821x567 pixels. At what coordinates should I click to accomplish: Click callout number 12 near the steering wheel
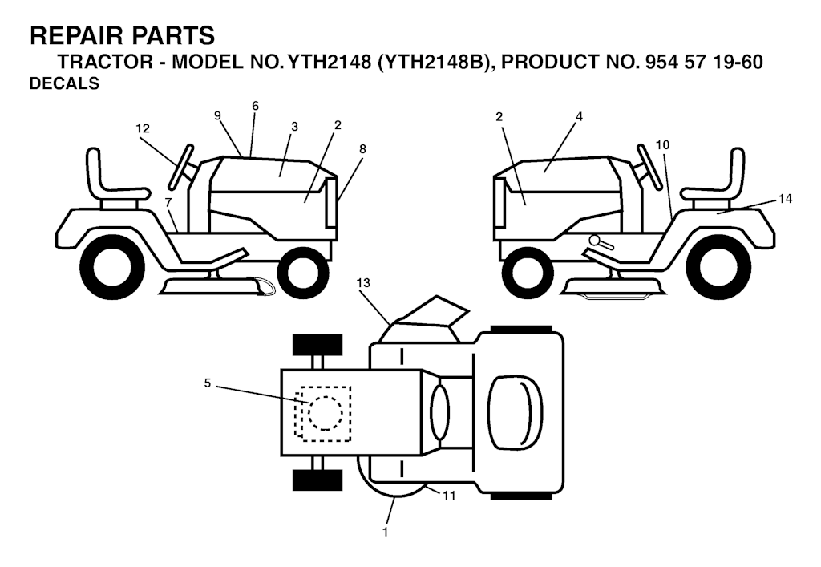point(143,128)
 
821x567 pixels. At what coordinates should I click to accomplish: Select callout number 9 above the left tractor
point(218,115)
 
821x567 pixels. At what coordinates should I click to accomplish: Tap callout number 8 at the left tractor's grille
point(363,148)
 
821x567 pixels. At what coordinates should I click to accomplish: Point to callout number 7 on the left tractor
point(168,201)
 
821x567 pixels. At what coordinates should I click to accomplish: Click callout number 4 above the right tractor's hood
point(579,117)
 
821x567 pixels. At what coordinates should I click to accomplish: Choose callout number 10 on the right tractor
point(663,144)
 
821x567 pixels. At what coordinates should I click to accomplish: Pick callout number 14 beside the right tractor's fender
point(786,199)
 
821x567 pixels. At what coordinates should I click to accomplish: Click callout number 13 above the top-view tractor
point(363,283)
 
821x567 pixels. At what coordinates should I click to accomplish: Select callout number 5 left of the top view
point(208,383)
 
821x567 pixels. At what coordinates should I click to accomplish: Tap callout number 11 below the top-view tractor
point(449,495)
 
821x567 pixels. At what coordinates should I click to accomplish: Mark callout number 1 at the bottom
point(386,533)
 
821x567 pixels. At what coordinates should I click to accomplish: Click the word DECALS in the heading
point(64,83)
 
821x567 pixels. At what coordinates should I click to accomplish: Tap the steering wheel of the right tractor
point(648,168)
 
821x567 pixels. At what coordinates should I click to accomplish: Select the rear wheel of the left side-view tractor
point(111,265)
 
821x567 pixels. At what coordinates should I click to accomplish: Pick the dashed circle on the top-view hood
point(326,413)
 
